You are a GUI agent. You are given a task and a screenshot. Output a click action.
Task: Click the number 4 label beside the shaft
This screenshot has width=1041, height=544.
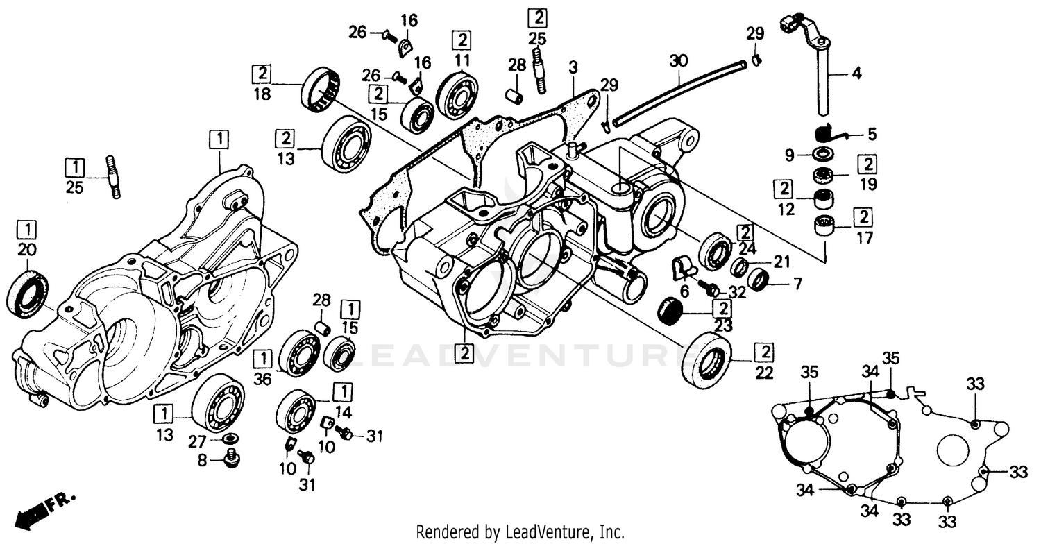click(x=857, y=73)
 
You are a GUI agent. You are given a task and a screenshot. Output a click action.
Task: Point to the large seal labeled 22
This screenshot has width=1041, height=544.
click(x=707, y=357)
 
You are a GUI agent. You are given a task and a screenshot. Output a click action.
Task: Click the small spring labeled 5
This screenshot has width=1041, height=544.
click(x=824, y=132)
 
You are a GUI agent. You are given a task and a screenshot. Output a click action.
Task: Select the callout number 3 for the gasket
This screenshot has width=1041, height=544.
click(x=573, y=68)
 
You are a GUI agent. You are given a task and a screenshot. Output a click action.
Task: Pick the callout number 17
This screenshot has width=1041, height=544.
click(x=863, y=236)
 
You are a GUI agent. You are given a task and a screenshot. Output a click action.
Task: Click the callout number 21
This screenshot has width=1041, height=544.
click(x=782, y=262)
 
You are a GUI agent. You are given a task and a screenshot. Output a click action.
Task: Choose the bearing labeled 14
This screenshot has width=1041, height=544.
click(x=296, y=410)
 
